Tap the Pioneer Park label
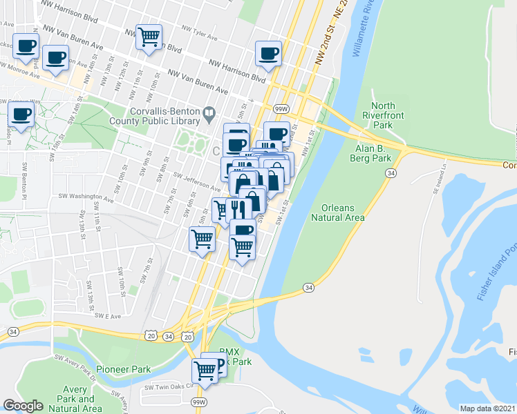(x=123, y=369)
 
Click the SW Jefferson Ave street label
(x=196, y=182)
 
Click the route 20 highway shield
(x=151, y=336)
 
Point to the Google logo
(x=23, y=406)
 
